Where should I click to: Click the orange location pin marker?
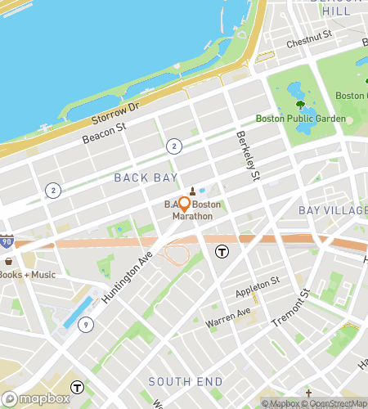[184, 204]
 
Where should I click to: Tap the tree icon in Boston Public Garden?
[300, 105]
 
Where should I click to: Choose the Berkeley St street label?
[248, 155]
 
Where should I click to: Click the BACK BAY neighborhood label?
[141, 177]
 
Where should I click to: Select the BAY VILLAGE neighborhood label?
[333, 210]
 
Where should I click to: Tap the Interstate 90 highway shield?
[7, 242]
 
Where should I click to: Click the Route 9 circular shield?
[86, 325]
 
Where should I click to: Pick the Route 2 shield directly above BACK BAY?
[173, 146]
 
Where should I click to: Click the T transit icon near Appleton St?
[222, 251]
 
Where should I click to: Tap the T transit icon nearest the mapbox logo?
[77, 387]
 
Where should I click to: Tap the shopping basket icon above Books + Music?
[9, 261]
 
